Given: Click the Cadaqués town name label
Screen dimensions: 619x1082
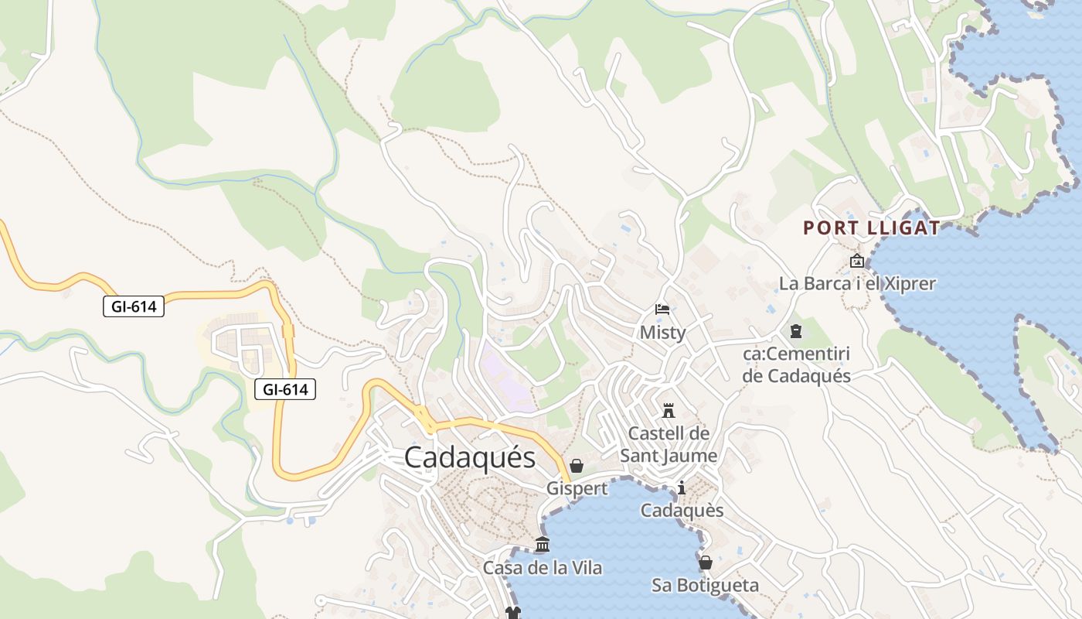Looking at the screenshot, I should tap(469, 457).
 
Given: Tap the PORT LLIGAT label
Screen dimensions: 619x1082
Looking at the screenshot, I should tap(871, 227).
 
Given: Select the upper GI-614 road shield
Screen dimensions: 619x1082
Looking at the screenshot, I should tap(134, 306).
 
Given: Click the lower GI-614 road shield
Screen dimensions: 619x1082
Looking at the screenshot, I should tap(285, 389).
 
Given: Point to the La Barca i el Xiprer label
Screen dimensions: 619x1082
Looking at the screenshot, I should tap(857, 283).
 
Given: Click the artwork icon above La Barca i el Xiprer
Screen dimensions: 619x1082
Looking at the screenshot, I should tap(856, 261).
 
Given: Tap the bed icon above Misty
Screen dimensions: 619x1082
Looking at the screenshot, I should tap(662, 309).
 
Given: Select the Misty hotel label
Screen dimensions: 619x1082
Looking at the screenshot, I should tap(662, 332).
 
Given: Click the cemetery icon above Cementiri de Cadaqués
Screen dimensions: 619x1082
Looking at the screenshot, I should tap(796, 331).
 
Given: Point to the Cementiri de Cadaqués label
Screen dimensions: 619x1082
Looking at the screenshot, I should tap(796, 365).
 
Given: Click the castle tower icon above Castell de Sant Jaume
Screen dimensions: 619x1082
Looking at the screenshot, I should tap(669, 409).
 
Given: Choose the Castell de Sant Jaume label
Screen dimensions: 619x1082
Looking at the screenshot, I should tap(669, 444).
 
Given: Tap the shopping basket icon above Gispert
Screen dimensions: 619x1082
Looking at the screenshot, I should tap(577, 466).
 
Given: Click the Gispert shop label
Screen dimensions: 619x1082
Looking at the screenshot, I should tap(577, 488).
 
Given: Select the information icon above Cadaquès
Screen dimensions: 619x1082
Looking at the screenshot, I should tap(682, 487).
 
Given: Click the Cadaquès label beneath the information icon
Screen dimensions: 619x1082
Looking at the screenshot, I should tap(682, 510).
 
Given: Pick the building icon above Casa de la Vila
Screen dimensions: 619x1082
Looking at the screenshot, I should tap(543, 545).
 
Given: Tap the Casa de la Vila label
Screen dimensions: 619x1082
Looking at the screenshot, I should tap(543, 567).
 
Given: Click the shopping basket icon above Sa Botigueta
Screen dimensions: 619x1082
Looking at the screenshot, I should tap(705, 563).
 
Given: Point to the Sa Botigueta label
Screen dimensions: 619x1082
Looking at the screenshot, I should tap(705, 585).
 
